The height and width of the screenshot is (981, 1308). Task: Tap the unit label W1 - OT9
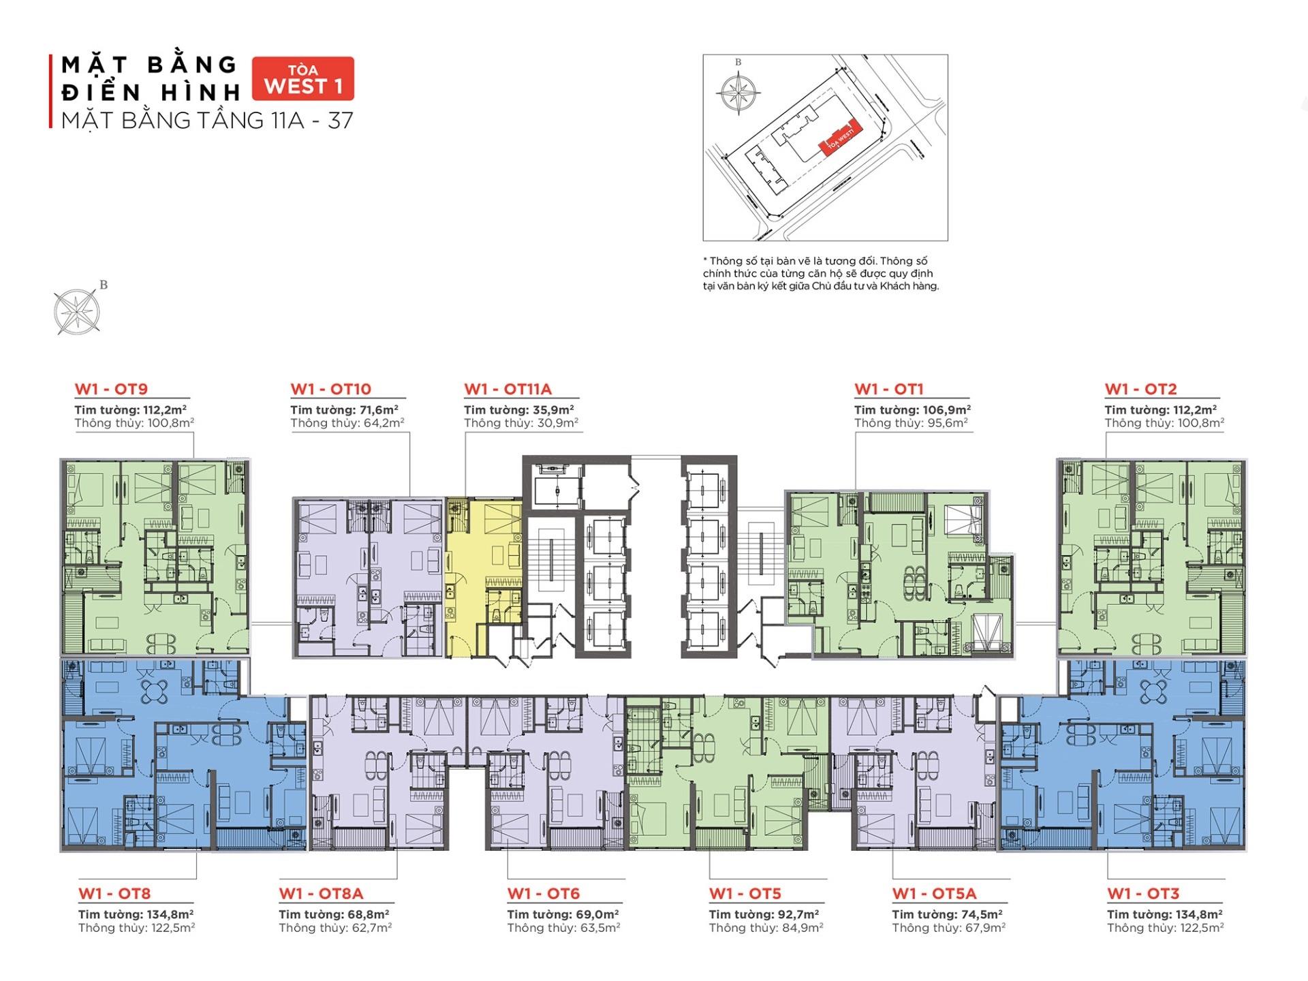(x=111, y=389)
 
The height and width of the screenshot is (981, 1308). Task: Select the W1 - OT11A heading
(x=508, y=389)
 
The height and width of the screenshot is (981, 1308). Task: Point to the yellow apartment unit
(x=484, y=545)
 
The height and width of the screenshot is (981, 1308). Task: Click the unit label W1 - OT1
(x=888, y=389)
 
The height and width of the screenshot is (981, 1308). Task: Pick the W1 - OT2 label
(x=1140, y=389)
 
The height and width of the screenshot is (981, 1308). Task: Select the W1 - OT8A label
(x=321, y=893)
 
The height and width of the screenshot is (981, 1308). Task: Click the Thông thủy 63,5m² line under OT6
(x=563, y=927)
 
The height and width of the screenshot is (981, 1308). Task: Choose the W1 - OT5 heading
(x=745, y=893)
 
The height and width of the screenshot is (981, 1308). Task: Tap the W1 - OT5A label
(x=934, y=893)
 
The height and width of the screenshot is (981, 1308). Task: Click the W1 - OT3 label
(x=1142, y=893)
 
